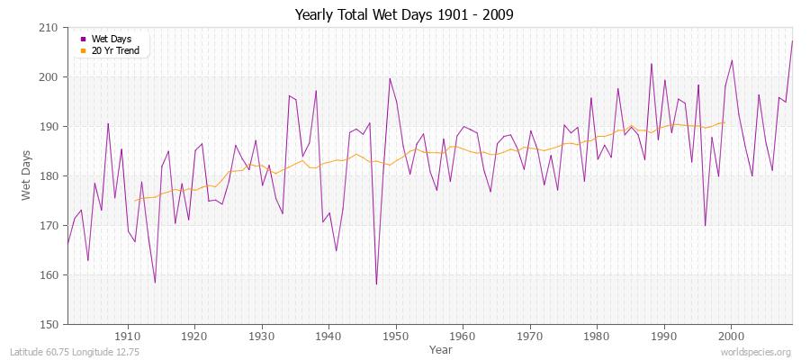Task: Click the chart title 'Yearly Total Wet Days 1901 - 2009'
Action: tap(405, 15)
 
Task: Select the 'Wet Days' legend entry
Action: tap(110, 39)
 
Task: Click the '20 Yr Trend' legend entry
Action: tap(113, 50)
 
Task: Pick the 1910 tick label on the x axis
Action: tap(128, 337)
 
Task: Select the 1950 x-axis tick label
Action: tap(396, 337)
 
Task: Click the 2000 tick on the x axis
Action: tap(731, 337)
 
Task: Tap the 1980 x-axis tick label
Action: tap(597, 337)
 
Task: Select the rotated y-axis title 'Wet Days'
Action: tap(28, 176)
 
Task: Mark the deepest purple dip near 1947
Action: tap(376, 284)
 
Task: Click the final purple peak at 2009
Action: tap(792, 41)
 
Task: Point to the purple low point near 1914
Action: tap(155, 283)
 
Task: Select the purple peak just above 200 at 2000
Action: tap(732, 60)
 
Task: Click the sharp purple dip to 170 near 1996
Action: tap(705, 226)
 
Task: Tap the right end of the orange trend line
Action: tap(724, 122)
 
